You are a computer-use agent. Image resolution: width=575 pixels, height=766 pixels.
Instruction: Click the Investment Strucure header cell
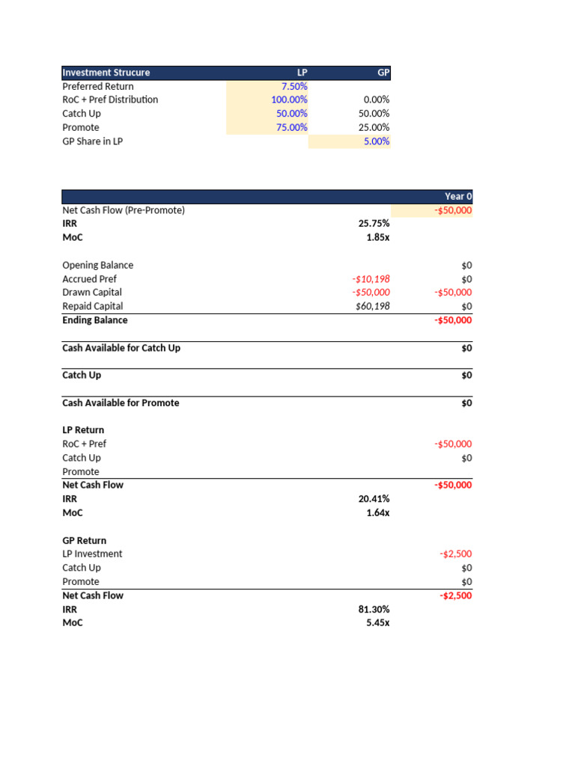(106, 73)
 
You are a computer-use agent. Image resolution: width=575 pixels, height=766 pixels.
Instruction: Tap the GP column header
(383, 73)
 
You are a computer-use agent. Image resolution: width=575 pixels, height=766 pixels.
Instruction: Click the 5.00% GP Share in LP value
(376, 141)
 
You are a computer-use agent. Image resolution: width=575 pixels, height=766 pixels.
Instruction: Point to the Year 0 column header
(458, 197)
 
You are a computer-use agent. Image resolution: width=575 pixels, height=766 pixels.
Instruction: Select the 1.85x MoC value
(376, 238)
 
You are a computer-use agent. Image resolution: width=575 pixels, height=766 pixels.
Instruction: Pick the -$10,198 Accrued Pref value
(371, 279)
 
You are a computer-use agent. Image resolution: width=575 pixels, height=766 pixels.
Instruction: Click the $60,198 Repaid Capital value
(372, 306)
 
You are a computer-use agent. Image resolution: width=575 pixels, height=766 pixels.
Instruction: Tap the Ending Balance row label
(94, 320)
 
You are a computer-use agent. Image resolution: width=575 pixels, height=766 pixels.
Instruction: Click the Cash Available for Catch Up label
(121, 348)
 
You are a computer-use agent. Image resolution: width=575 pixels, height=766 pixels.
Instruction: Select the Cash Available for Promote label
(121, 403)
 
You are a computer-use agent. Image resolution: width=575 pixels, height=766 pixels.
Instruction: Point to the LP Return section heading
(83, 430)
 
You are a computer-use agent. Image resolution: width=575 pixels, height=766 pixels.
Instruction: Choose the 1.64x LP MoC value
(376, 513)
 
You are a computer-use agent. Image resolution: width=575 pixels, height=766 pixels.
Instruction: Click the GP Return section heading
(84, 540)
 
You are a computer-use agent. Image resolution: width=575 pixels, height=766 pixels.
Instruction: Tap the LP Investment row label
(92, 554)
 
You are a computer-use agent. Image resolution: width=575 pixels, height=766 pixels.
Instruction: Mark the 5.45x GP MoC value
(376, 623)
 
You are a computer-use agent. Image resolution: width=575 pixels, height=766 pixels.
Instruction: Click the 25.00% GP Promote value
(374, 127)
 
